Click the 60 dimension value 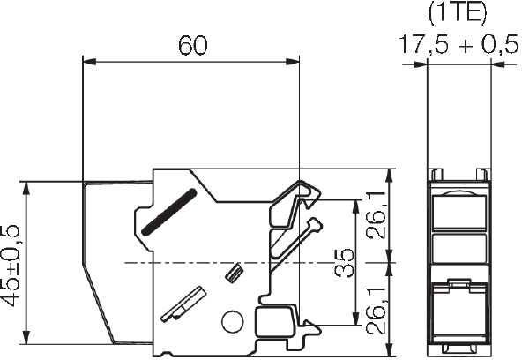[x=192, y=45]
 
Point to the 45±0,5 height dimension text [x=13, y=263]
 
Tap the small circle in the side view [x=231, y=322]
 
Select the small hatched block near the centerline [x=235, y=273]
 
